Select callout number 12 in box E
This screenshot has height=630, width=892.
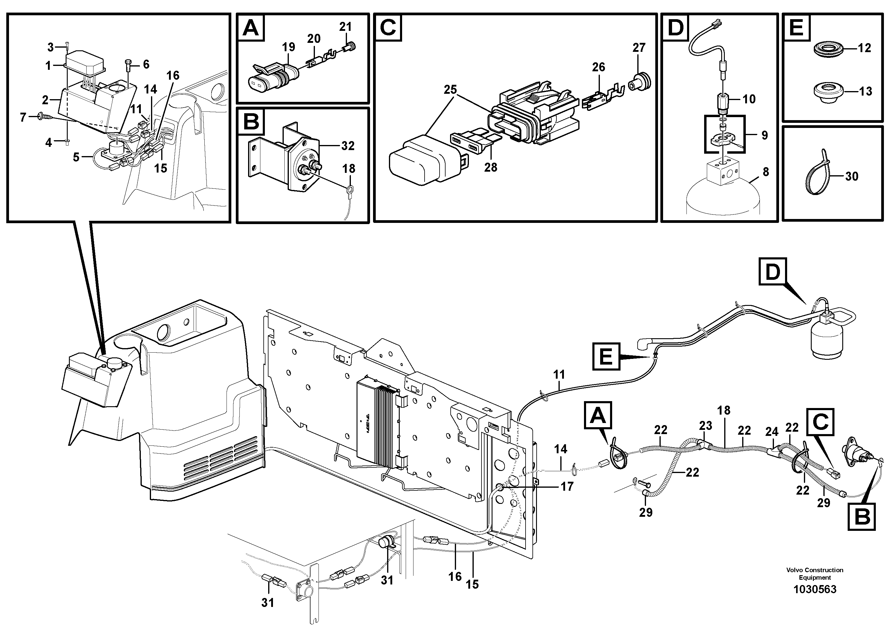[864, 48]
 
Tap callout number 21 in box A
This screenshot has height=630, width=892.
[345, 26]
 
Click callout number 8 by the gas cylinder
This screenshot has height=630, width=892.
[765, 172]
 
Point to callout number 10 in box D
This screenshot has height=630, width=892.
[749, 99]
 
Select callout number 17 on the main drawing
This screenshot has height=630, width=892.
[567, 486]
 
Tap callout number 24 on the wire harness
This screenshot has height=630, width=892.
[772, 431]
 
